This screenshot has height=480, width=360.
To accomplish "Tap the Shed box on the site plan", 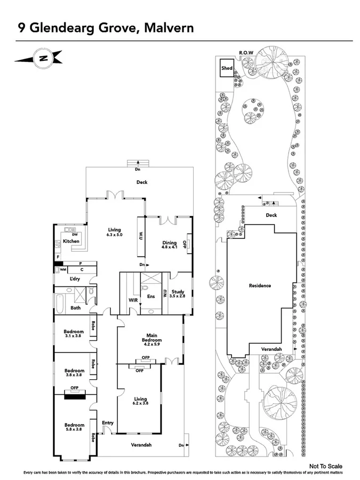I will (227, 68).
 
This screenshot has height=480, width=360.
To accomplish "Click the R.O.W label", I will (246, 52).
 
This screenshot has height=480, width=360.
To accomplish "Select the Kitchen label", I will (71, 242).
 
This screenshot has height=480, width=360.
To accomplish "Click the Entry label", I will (108, 423).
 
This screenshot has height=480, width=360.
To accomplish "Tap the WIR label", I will (133, 300).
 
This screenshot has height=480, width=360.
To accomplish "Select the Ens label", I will (151, 296).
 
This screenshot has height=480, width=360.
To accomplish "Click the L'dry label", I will (75, 278).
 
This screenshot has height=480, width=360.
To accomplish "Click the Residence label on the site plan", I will (260, 285).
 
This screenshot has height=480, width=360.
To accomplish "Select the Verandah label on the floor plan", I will (141, 444).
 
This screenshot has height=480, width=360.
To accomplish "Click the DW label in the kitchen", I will (75, 235).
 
